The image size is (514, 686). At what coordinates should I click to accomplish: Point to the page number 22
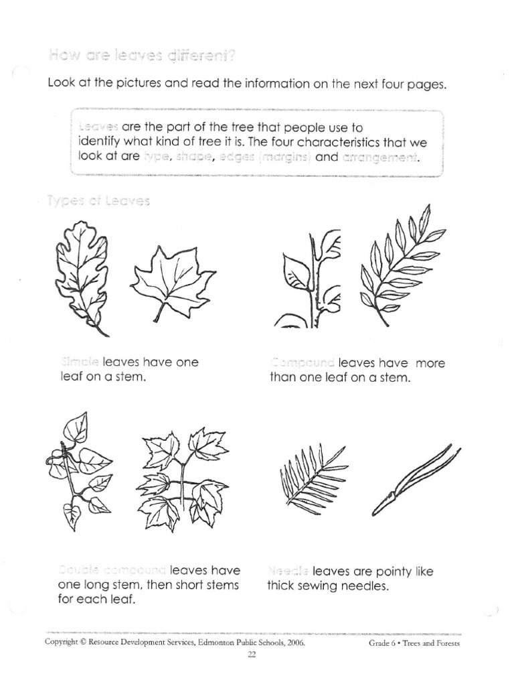tap(252, 656)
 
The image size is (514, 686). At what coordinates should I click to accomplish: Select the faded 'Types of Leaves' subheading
tap(98, 200)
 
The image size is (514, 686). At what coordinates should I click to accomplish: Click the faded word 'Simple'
tap(80, 362)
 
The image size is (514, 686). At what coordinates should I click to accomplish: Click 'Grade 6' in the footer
tap(383, 643)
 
